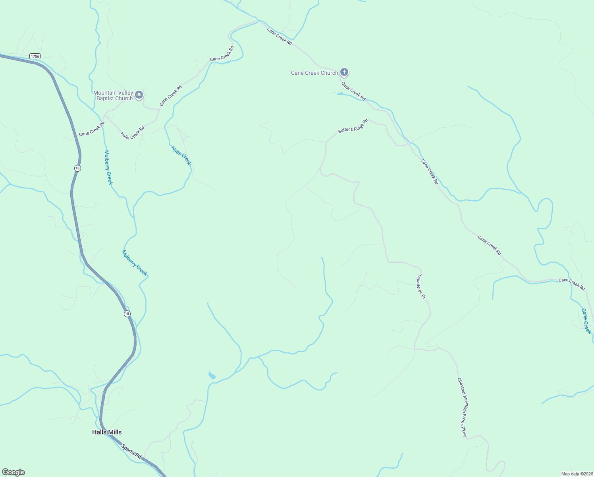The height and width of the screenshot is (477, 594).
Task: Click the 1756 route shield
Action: (35, 56)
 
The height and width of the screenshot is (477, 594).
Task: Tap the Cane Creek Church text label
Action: (314, 73)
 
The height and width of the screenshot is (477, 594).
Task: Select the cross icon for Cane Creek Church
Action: (344, 72)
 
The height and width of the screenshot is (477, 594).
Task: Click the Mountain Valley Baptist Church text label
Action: (113, 95)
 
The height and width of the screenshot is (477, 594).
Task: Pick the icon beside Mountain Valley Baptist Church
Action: (139, 95)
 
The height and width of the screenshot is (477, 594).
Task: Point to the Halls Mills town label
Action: (107, 432)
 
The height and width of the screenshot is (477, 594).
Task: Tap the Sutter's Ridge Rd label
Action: (353, 126)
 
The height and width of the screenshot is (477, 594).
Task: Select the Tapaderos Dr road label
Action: (421, 286)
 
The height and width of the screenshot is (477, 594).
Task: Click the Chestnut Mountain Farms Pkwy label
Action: (462, 407)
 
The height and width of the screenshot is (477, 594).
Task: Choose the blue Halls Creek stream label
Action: (181, 155)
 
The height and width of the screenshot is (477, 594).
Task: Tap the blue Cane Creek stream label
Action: (586, 321)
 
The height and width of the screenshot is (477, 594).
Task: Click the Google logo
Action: (13, 472)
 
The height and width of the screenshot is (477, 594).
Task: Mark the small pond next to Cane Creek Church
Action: (340, 94)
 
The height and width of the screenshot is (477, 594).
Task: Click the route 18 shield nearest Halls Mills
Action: (127, 314)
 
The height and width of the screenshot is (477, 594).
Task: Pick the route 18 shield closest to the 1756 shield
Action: (77, 168)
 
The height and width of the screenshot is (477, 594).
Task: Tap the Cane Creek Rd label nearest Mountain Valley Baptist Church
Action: (171, 95)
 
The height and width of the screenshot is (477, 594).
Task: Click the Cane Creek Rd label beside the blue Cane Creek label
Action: (572, 284)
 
